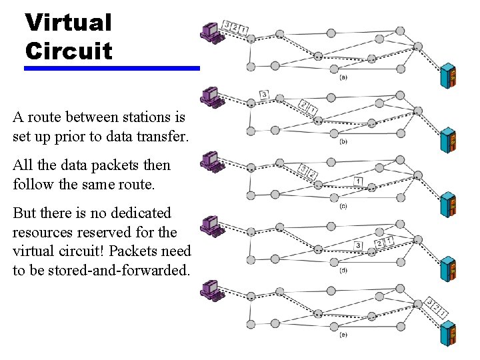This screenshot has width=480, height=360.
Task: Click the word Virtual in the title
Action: [x=68, y=22]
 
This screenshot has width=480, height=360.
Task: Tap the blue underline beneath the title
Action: [x=112, y=68]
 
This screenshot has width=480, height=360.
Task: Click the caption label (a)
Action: [x=343, y=77]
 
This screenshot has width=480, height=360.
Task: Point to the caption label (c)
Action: [x=343, y=206]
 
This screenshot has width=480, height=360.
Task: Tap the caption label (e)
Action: [x=343, y=335]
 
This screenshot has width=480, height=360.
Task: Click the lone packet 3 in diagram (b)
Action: [x=264, y=95]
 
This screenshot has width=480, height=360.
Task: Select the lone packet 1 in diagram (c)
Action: [x=359, y=181]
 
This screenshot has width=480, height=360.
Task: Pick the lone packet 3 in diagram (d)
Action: [x=359, y=245]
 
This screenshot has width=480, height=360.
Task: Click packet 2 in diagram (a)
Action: [x=235, y=27]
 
